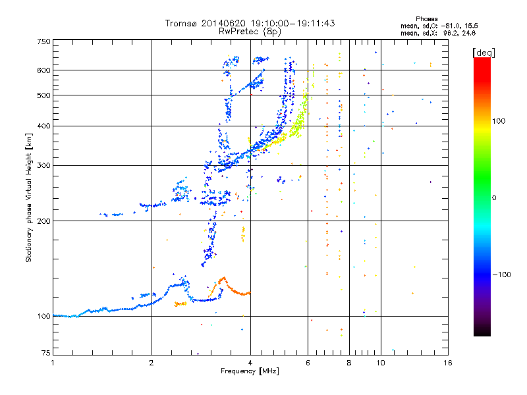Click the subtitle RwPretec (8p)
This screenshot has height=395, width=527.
tap(250, 32)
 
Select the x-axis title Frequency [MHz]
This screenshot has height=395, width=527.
tap(250, 371)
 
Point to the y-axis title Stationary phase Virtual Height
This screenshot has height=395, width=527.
tap(28, 198)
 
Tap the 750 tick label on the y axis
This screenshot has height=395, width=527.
tap(43, 41)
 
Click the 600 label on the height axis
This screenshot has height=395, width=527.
tap(43, 70)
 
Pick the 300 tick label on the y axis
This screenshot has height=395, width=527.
tap(43, 165)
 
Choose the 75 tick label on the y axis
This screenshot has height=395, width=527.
tap(46, 353)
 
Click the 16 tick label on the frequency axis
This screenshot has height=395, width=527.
tap(448, 363)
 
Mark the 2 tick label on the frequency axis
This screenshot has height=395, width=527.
tap(152, 363)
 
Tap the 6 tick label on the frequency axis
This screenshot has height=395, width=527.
tap(308, 363)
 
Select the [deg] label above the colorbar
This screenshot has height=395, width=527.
tap(484, 53)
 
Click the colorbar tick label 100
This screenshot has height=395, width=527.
tap(499, 121)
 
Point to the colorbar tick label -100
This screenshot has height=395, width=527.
tap(501, 275)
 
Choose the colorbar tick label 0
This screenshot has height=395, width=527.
tap(494, 198)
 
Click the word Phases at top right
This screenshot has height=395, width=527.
tap(426, 19)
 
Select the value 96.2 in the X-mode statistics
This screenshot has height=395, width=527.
tap(451, 33)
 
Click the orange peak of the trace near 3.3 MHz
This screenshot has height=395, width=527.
tap(223, 278)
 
